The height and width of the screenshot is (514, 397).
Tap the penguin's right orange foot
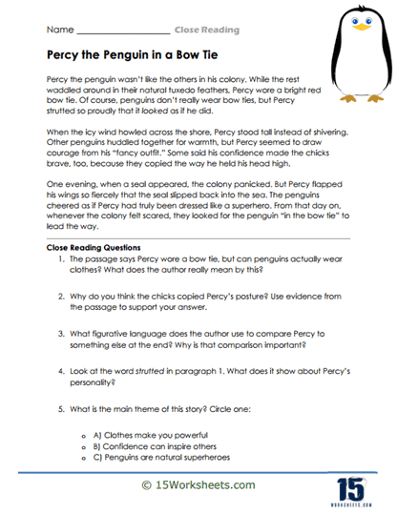[x=374, y=98]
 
